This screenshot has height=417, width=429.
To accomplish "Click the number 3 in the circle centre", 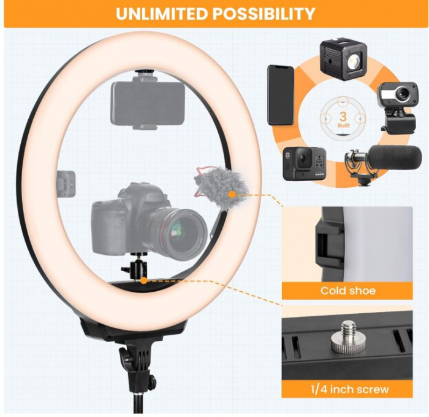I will point(343,116).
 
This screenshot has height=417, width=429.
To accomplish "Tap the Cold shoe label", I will point(347,290).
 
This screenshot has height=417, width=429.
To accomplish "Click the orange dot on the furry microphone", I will point(232,194).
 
